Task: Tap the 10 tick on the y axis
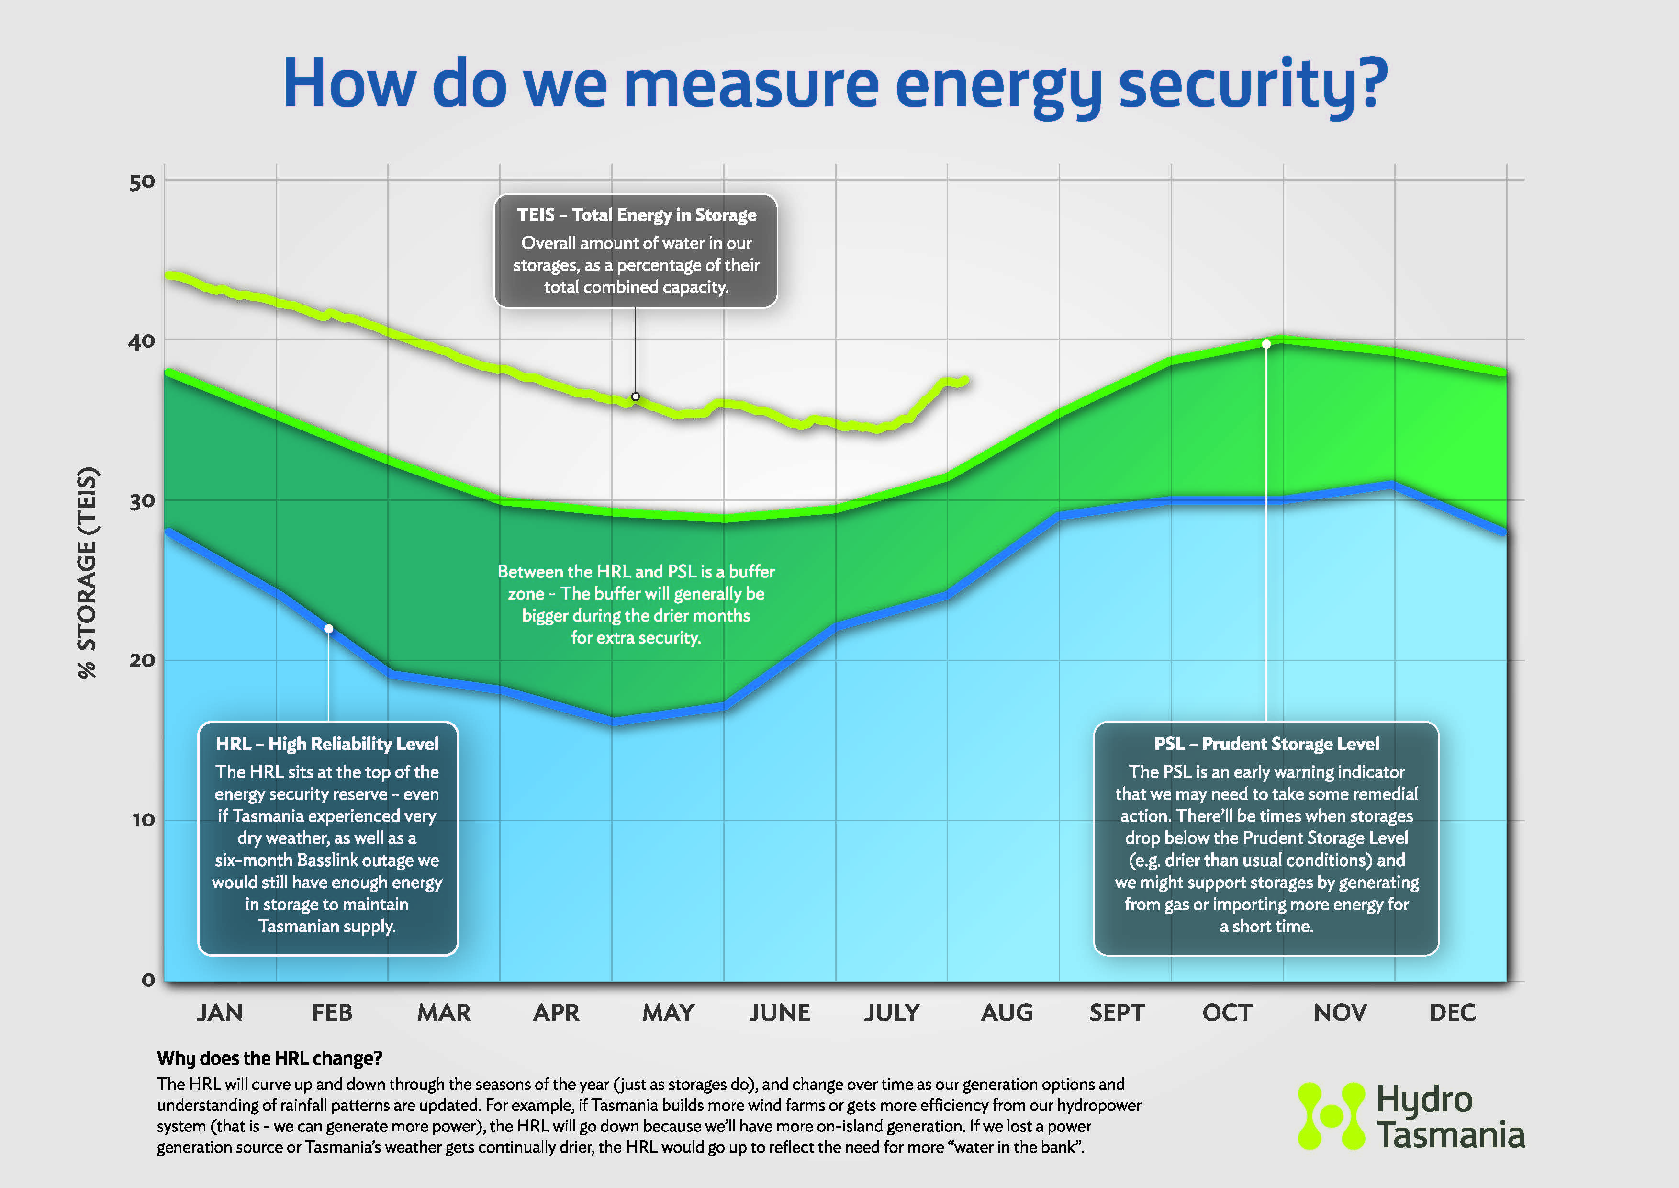pos(143,820)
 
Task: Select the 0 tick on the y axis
pos(148,980)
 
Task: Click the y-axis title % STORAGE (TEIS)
pos(88,572)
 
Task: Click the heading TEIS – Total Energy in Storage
pos(636,215)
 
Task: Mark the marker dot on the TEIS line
pos(636,396)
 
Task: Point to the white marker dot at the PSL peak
pos(1266,344)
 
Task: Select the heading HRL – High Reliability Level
pos(327,744)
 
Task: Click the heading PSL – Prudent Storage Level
pos(1266,744)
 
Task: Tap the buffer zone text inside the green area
pos(636,604)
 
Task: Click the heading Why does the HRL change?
pos(269,1059)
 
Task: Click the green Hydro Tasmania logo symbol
pos(1331,1116)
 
